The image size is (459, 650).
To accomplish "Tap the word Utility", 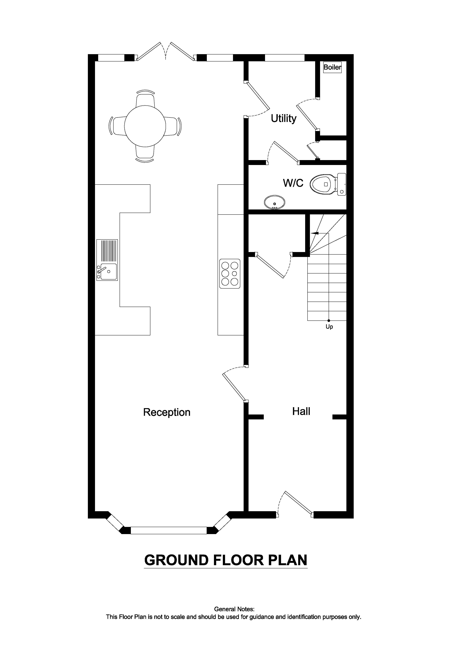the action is click(x=283, y=118).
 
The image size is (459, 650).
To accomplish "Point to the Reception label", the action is click(x=167, y=412).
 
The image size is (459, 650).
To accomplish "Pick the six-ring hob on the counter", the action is click(x=230, y=274).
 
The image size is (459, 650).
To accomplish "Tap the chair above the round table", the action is click(x=145, y=99).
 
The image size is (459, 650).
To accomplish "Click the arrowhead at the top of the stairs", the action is click(x=315, y=233).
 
